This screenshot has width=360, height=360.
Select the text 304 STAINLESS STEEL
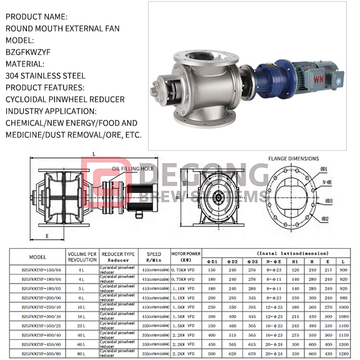pos(45,75)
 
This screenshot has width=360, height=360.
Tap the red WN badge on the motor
pos(318,79)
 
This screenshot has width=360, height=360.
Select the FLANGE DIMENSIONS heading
pos(292,159)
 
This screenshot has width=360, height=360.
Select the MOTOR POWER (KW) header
pos(185,257)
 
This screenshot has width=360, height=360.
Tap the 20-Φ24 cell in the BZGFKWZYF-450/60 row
pos(274,344)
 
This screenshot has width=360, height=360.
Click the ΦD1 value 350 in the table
pos(211,326)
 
